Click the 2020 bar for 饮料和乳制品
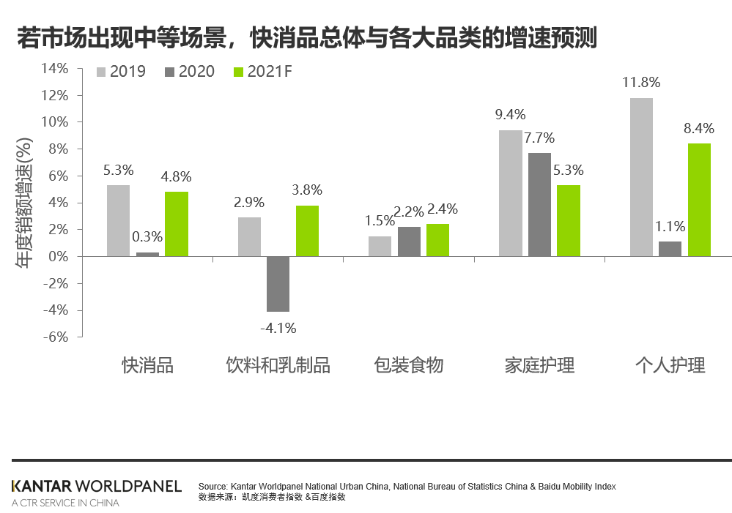(278, 284)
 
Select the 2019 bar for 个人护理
(641, 177)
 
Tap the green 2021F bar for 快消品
(176, 224)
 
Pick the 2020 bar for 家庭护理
(539, 205)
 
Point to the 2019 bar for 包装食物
(380, 247)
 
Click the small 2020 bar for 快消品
(147, 254)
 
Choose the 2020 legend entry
(191, 72)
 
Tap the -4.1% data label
(278, 329)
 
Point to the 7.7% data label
(539, 138)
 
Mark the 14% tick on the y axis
(54, 68)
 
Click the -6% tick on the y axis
(54, 337)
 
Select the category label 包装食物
(408, 365)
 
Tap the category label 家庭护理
(539, 365)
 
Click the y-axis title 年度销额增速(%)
(24, 203)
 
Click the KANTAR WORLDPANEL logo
(97, 487)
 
